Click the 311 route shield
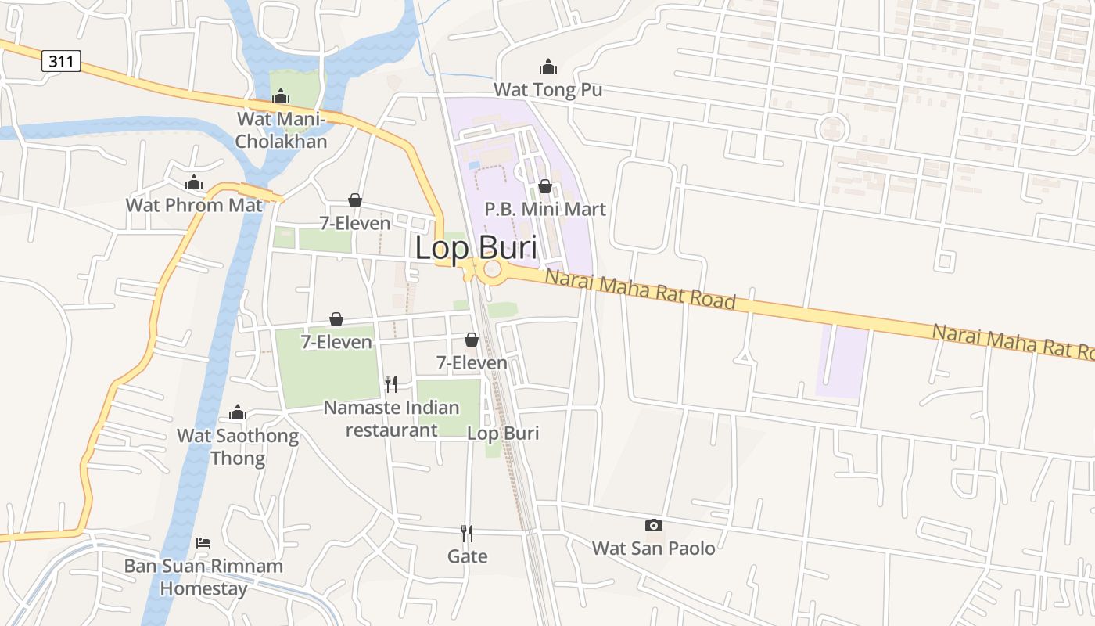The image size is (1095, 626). tap(61, 61)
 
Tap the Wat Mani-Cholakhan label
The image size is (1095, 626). tap(282, 131)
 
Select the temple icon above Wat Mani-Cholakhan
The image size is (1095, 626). tap(280, 96)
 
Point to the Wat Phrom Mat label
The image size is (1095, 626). tap(194, 205)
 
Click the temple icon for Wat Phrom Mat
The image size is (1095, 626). tap(193, 183)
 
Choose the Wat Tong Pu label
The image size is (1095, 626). tap(547, 90)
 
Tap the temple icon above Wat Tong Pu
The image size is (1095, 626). tap(548, 67)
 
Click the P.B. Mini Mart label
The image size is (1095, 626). tap(545, 209)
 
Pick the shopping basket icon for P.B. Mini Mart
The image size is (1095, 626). tap(545, 186)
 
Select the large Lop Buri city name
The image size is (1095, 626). tap(476, 248)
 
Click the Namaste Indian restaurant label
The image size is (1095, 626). tap(391, 419)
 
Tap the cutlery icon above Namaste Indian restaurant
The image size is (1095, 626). tap(391, 383)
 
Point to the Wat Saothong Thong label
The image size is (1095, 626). tap(238, 447)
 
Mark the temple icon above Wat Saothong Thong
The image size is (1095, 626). tap(238, 413)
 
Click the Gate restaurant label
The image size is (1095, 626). tap(468, 556)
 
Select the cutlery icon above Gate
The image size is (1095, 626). tap(467, 534)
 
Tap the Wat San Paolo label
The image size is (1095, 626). tap(653, 548)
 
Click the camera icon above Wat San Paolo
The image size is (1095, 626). tap(653, 526)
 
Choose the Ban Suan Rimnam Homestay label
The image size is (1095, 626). tap(203, 577)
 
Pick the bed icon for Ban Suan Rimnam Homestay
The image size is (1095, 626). tap(203, 542)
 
